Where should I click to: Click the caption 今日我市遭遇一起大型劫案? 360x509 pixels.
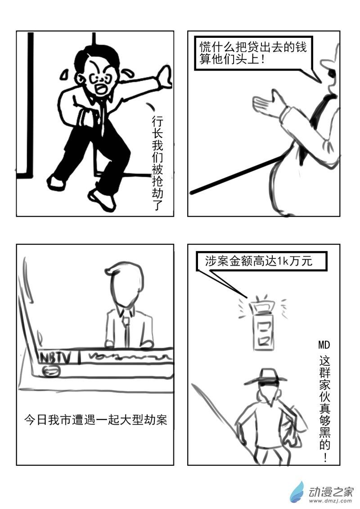pos(95,420)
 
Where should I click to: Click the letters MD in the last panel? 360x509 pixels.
pos(324,346)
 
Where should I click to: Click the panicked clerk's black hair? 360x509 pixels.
pos(108,56)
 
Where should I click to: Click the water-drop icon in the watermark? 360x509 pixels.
pos(297,492)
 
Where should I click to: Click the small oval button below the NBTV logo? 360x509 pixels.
pos(50,370)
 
